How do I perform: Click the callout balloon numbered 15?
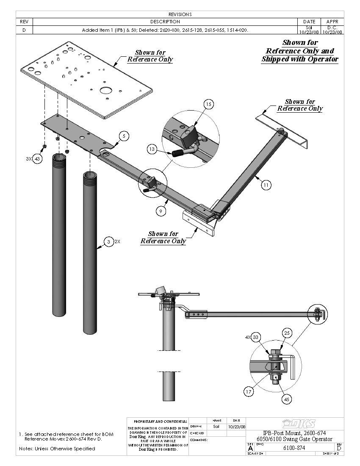point(208,104)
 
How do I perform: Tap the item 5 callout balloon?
point(123,136)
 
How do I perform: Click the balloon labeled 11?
point(266,185)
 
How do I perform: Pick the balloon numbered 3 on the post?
point(109,242)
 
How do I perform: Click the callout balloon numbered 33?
point(255,338)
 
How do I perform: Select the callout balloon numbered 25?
point(287,333)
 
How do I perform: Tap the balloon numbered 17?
point(249,391)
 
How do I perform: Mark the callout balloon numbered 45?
point(287,399)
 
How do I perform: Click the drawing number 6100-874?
point(295,448)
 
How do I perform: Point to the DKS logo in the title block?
point(300,424)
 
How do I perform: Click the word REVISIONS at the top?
point(180,14)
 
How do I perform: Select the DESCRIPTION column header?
point(165,22)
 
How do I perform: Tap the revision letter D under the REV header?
point(24,30)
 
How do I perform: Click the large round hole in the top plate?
point(105,90)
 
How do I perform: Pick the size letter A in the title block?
point(250,448)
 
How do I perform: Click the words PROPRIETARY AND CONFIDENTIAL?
point(158,422)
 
